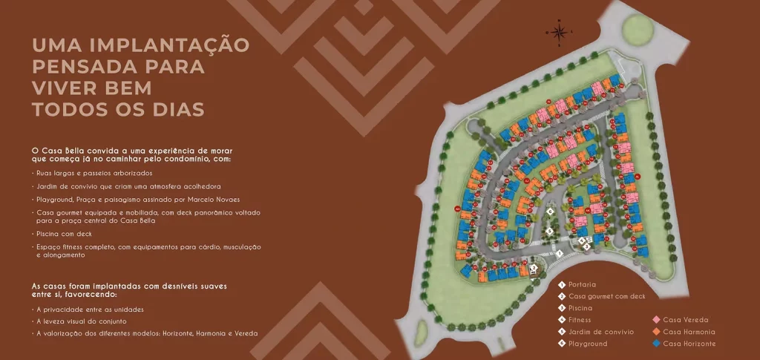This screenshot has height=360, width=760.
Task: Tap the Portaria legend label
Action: pos(582,284)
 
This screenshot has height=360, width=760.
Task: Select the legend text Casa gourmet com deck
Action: pos(606,296)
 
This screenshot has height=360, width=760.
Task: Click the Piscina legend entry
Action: pos(580,308)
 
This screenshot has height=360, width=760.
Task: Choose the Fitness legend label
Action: pos(580,320)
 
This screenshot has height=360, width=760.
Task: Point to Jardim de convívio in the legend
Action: pos(600,332)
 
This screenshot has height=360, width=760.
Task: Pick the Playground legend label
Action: pos(587,344)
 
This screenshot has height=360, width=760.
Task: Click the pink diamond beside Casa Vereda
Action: pos(656,320)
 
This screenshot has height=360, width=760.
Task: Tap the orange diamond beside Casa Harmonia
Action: pos(656,332)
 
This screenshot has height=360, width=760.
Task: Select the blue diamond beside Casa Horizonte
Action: pos(656,344)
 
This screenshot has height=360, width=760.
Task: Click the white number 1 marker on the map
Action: pos(559,253)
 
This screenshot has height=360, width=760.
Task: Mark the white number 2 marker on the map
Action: pos(534,266)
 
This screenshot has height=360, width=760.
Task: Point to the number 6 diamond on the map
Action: pos(550,212)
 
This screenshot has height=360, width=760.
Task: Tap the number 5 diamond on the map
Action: pos(549,231)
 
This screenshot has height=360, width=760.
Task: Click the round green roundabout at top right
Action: pos(636,30)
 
